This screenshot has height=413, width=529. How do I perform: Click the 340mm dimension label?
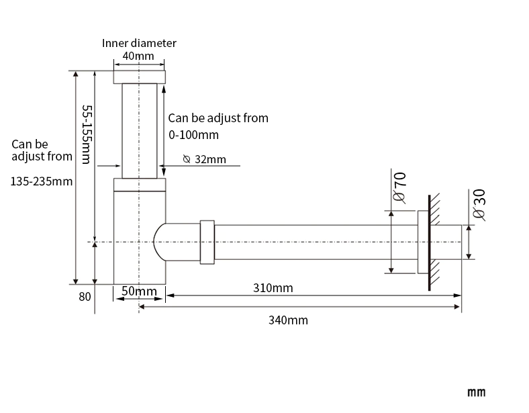pyautogui.click(x=288, y=320)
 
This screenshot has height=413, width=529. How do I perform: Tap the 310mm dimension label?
pyautogui.click(x=273, y=288)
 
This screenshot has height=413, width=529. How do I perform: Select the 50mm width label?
pyautogui.click(x=139, y=291)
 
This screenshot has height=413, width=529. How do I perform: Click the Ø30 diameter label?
pyautogui.click(x=479, y=204)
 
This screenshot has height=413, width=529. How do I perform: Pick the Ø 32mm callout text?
pyautogui.click(x=205, y=159)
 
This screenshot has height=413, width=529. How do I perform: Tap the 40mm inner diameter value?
pyautogui.click(x=138, y=56)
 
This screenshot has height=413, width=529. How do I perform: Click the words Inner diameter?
pyautogui.click(x=139, y=43)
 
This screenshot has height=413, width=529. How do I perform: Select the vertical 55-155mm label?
pyautogui.click(x=87, y=134)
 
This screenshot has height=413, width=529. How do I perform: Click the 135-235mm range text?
pyautogui.click(x=42, y=181)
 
